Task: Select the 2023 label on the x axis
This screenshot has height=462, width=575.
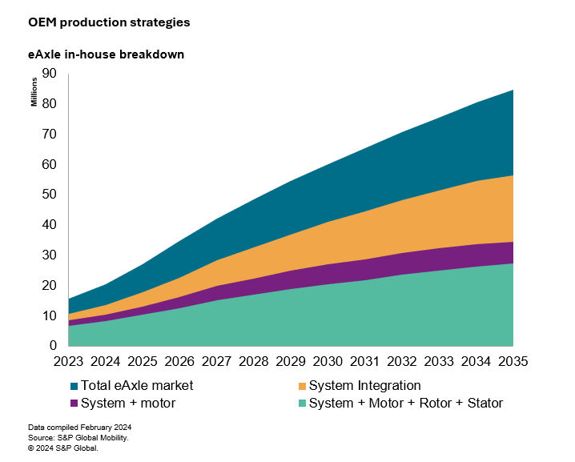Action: pos(69,362)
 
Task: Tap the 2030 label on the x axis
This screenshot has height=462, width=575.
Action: pos(328,362)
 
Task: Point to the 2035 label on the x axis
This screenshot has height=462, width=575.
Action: pos(513,362)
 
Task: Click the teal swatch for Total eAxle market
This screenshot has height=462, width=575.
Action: pos(75,386)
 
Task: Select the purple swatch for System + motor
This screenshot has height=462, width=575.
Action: pos(75,404)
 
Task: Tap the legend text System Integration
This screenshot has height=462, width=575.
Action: pos(365,386)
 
